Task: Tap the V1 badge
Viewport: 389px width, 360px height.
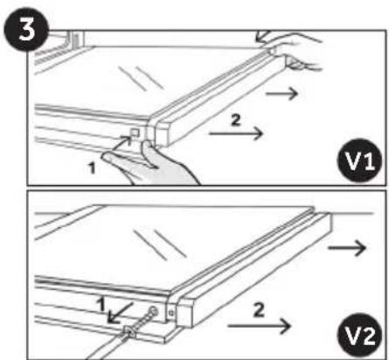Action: tap(359, 161)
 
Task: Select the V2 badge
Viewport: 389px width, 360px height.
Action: tap(359, 335)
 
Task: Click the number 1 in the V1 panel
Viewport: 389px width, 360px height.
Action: tap(92, 168)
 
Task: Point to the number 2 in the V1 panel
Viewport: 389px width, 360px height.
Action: tap(236, 120)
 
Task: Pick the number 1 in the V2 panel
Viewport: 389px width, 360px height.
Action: tap(101, 304)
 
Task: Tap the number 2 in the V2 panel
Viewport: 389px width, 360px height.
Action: tap(259, 310)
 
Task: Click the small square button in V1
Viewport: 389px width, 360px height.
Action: tap(135, 133)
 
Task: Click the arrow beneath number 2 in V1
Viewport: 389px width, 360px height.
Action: tap(236, 134)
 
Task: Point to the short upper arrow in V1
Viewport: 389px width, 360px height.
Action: tap(281, 93)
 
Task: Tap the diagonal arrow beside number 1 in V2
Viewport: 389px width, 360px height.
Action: tap(120, 313)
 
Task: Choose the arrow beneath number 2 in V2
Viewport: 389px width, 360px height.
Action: tap(259, 326)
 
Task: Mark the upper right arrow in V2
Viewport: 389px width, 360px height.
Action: tap(347, 248)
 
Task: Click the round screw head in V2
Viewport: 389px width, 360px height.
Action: tap(153, 311)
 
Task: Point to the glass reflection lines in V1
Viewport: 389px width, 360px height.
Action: tap(141, 78)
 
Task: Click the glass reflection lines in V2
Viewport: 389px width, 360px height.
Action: tap(160, 245)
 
